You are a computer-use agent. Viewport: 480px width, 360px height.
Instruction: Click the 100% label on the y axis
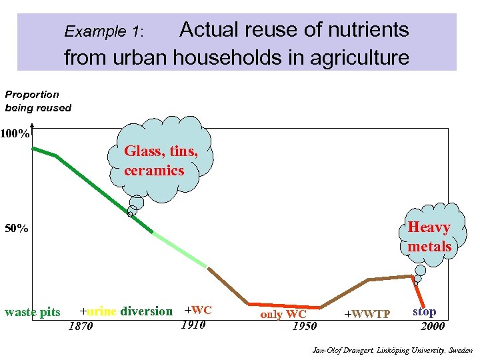pyautogui.click(x=15, y=134)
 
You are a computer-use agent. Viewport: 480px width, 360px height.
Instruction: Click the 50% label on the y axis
pyautogui.click(x=17, y=229)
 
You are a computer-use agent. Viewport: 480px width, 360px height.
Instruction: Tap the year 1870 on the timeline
pyautogui.click(x=81, y=326)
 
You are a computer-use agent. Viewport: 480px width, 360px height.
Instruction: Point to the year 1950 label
pyautogui.click(x=305, y=326)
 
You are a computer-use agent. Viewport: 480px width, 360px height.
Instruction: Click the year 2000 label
pyautogui.click(x=433, y=326)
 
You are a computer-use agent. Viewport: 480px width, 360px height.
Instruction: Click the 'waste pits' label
pyautogui.click(x=32, y=312)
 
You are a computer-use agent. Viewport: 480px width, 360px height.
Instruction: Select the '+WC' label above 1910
pyautogui.click(x=197, y=310)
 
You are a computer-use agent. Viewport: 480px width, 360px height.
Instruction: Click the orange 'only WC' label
pyautogui.click(x=283, y=314)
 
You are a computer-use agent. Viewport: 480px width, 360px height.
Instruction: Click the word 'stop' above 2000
pyautogui.click(x=425, y=311)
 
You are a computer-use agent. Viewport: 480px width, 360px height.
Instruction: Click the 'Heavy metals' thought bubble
pyautogui.click(x=429, y=237)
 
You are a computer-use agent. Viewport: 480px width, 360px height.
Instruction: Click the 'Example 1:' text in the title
pyautogui.click(x=103, y=31)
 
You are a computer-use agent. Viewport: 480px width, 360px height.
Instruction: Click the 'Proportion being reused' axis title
pyautogui.click(x=38, y=101)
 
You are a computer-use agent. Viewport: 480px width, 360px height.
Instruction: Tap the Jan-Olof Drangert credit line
pyautogui.click(x=392, y=350)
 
